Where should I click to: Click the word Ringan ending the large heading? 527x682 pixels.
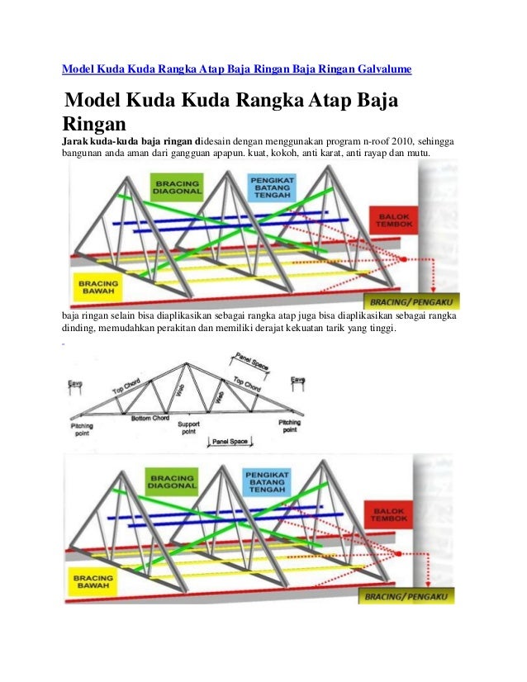click(x=92, y=123)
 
